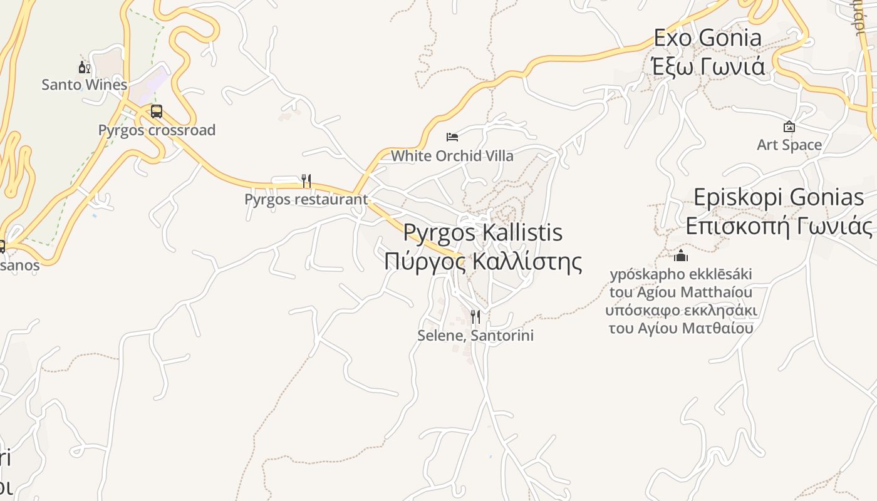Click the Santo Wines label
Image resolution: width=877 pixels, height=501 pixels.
(x=84, y=85)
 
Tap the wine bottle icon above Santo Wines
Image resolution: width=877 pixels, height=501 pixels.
(x=84, y=68)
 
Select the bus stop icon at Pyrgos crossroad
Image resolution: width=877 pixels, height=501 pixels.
(x=157, y=112)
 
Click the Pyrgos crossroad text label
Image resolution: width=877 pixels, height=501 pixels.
(x=157, y=130)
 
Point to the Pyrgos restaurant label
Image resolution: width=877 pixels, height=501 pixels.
(x=306, y=199)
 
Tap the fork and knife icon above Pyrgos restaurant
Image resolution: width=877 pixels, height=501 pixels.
(x=306, y=181)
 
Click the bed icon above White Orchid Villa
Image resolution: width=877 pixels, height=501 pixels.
(x=452, y=137)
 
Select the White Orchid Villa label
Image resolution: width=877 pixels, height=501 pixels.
(x=452, y=156)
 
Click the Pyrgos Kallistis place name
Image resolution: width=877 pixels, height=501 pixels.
(x=482, y=232)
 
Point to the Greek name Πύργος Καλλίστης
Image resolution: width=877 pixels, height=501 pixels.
(x=482, y=261)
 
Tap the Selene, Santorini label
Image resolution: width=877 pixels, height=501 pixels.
(x=475, y=336)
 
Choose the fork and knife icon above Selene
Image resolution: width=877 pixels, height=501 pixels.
(x=475, y=317)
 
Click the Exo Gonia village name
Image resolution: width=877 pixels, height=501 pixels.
(x=707, y=38)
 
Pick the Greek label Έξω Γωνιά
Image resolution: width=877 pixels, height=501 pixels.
(x=708, y=66)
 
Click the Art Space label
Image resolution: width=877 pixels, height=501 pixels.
(x=789, y=145)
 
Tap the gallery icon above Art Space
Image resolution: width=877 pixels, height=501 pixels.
(x=789, y=127)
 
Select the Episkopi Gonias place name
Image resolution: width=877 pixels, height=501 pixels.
(x=779, y=197)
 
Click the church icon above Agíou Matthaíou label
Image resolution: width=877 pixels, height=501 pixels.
(x=681, y=256)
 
